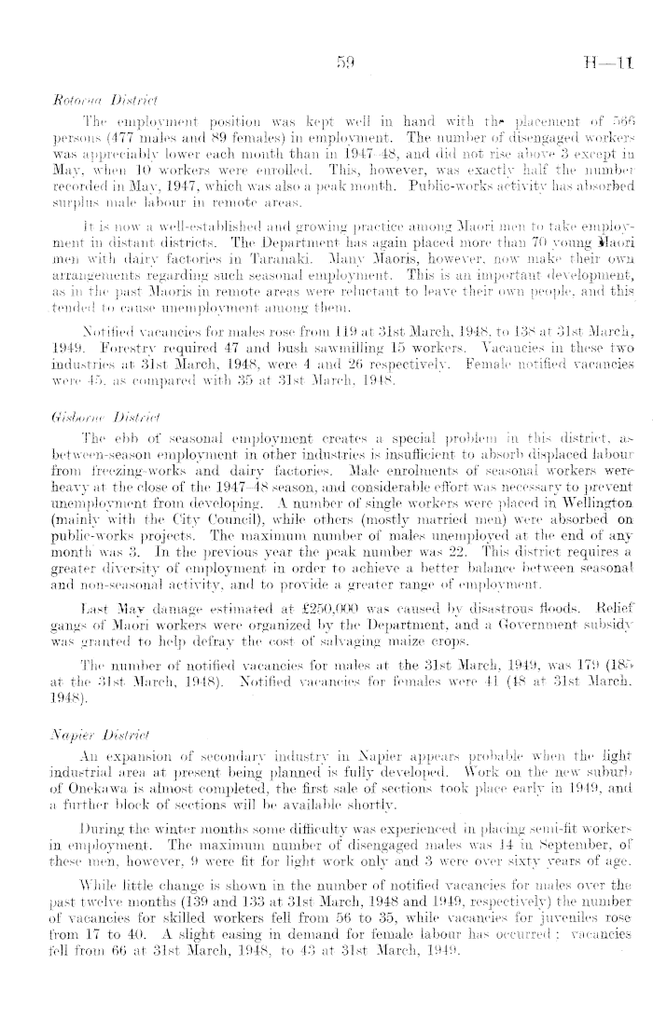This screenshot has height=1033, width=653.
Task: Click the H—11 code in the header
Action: click(618, 63)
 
